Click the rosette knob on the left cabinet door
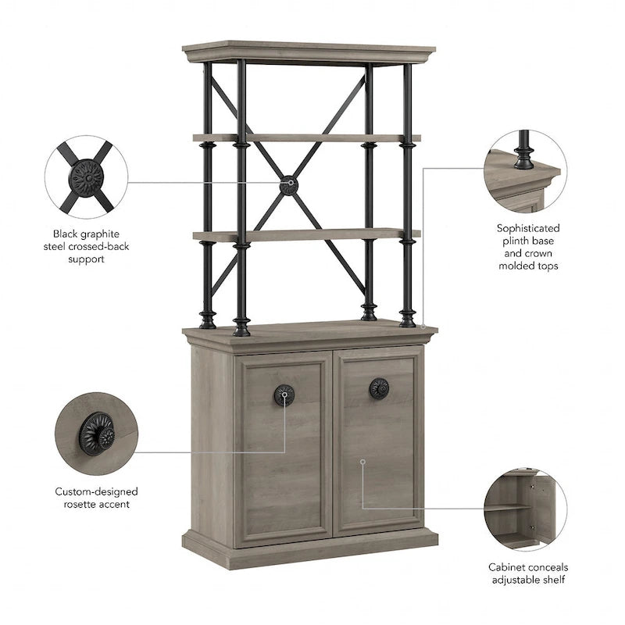(284, 395)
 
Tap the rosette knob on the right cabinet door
(379, 388)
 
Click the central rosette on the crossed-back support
(288, 186)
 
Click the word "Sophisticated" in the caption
(528, 228)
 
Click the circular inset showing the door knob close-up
(96, 434)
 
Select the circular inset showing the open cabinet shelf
(525, 510)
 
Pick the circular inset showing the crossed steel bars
(86, 177)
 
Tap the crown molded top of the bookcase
(309, 52)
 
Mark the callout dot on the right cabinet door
(362, 461)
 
